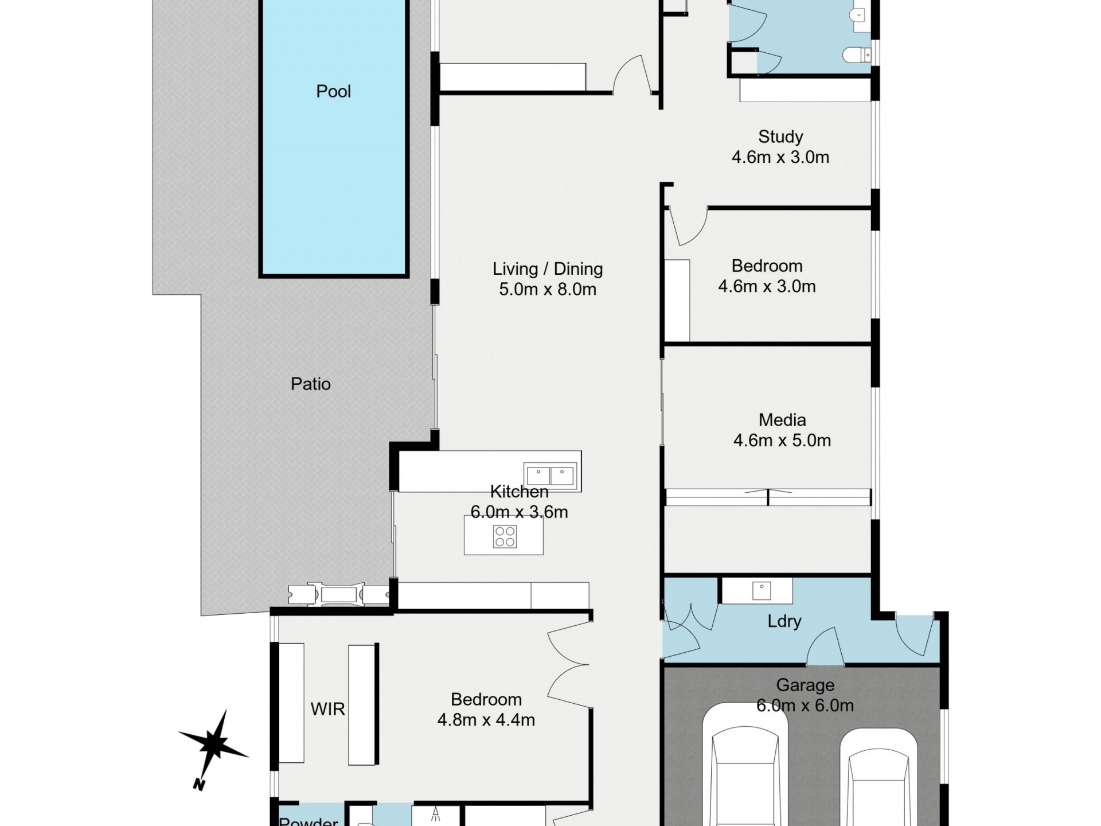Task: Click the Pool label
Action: (333, 91)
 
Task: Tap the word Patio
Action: (310, 384)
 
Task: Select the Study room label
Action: (780, 137)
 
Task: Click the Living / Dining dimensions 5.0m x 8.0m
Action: (548, 289)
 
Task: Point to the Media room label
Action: (782, 420)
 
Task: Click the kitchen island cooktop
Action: (505, 537)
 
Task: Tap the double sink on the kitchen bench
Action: (550, 476)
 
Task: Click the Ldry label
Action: (784, 621)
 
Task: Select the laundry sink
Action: (762, 590)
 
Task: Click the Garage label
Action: (805, 685)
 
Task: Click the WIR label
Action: (327, 709)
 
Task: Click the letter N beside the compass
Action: (198, 784)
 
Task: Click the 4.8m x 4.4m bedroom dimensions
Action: (486, 720)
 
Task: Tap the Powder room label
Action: (309, 821)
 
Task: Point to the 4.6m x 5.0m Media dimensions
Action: (782, 441)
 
